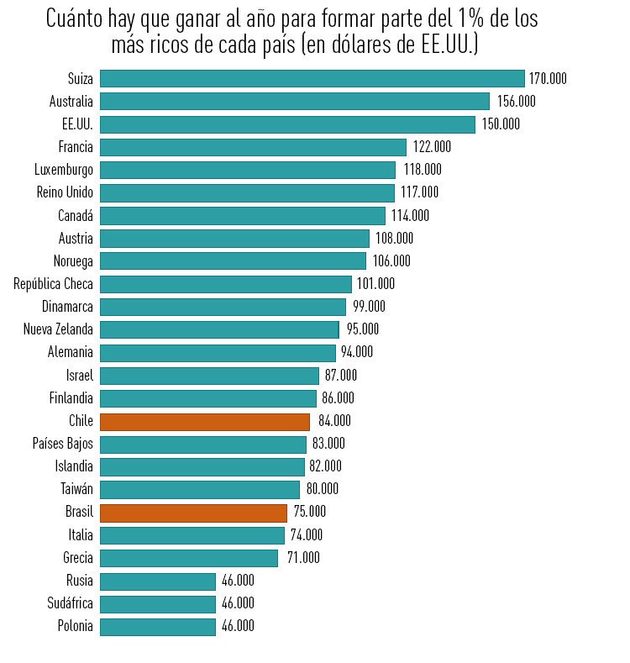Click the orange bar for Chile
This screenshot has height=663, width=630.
click(x=204, y=421)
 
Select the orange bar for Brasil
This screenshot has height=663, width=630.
click(x=193, y=512)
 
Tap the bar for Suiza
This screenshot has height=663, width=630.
click(x=312, y=79)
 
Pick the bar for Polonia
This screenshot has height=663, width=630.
click(x=158, y=626)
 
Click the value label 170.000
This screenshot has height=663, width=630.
click(x=548, y=79)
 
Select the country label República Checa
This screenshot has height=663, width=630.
click(x=53, y=284)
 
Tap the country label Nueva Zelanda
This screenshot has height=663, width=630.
click(x=58, y=329)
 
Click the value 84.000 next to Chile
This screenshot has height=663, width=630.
click(x=334, y=421)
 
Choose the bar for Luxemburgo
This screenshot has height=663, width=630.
click(x=247, y=170)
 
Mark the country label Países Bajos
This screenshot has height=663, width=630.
click(x=63, y=444)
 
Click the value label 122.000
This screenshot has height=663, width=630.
click(x=432, y=147)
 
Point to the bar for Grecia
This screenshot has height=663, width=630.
click(x=188, y=558)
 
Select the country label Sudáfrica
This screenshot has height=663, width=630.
click(x=71, y=603)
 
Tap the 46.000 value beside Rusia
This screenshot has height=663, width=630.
click(x=238, y=581)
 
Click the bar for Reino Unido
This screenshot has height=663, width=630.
click(x=247, y=192)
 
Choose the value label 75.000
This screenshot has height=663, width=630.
click(x=309, y=512)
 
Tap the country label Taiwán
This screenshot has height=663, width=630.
click(x=76, y=489)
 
